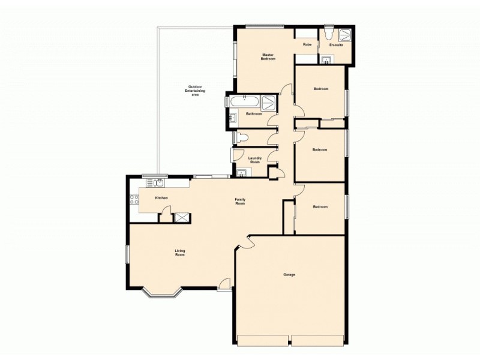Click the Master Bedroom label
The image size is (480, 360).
click(x=268, y=58)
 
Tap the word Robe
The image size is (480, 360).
click(x=307, y=44)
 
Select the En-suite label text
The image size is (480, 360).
click(x=336, y=45)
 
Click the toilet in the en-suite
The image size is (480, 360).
click(x=328, y=30)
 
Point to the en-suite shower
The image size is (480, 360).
click(x=346, y=34)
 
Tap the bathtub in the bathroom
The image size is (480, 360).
click(x=244, y=101)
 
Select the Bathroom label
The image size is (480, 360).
click(x=254, y=114)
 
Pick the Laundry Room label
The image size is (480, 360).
click(x=255, y=160)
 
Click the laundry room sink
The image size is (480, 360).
click(x=241, y=175)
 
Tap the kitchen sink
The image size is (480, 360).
click(x=158, y=183)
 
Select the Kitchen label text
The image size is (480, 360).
click(x=161, y=198)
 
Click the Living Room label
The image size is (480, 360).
click(x=179, y=253)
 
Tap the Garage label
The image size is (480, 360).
click(x=290, y=275)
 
